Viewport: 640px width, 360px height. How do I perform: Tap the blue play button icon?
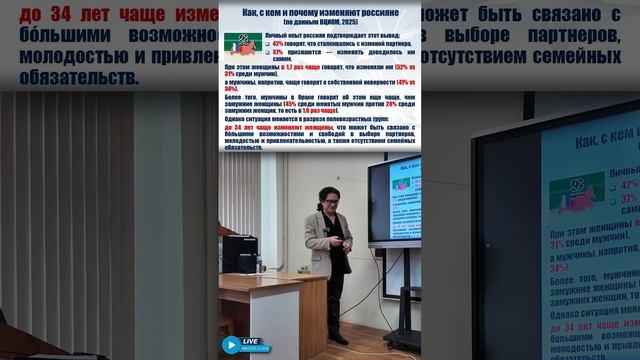[232, 344]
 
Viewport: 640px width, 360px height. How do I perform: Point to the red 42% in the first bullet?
[278, 44]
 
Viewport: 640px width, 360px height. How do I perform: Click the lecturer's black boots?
[338, 338]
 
